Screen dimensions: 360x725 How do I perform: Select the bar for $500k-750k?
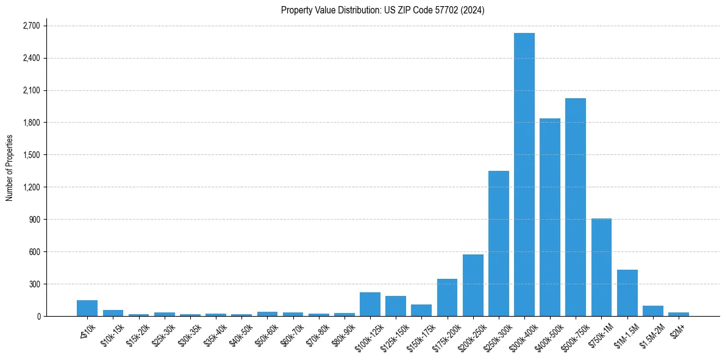[576, 207]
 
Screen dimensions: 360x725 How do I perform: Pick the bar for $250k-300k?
[499, 243]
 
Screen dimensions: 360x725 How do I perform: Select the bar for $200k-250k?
[473, 286]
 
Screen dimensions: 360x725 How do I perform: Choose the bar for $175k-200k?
[447, 298]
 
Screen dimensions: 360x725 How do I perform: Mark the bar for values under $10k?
[87, 308]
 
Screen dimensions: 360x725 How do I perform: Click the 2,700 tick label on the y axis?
[31, 26]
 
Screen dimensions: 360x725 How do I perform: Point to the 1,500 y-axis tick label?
[31, 155]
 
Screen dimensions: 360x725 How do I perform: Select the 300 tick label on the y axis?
[34, 284]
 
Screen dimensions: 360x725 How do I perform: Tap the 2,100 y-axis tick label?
[31, 91]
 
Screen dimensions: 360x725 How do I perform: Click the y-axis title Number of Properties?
[10, 168]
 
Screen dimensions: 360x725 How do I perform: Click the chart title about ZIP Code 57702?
[382, 10]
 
